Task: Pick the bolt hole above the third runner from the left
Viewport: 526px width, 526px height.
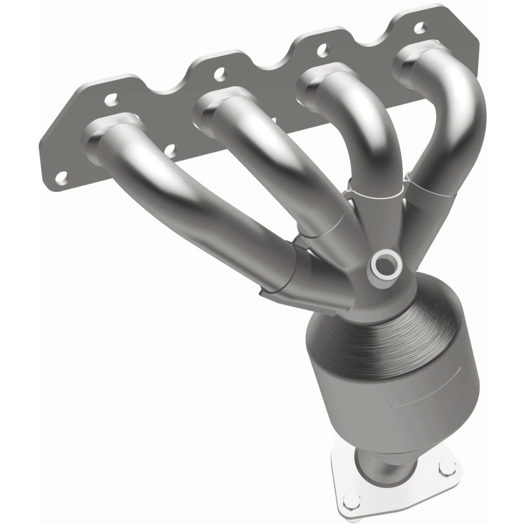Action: click(x=322, y=49)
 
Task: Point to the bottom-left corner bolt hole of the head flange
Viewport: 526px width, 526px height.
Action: click(x=61, y=176)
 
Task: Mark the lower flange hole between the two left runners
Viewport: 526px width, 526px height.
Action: click(x=170, y=151)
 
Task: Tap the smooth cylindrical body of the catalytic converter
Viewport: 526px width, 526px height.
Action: click(x=388, y=394)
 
